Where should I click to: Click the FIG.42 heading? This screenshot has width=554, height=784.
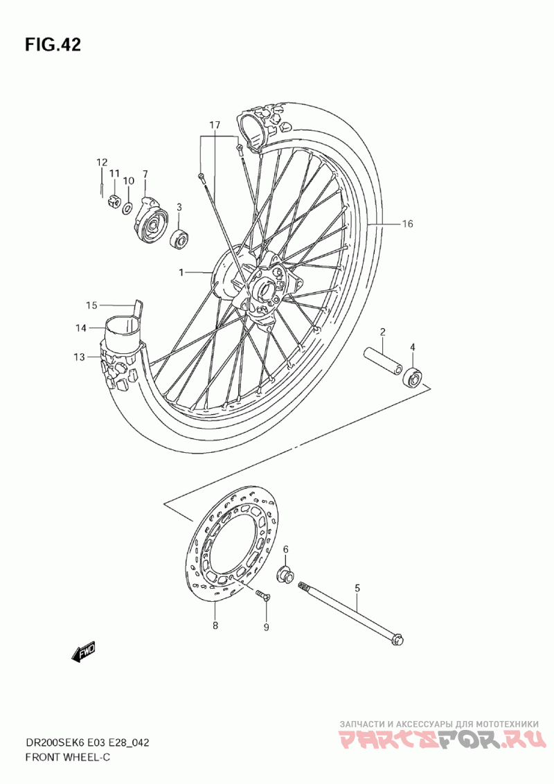[x=53, y=45]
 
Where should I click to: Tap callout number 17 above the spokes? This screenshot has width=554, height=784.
[x=215, y=125]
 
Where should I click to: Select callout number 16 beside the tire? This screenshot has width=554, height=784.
[x=407, y=224]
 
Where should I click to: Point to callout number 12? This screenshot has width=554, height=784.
[x=102, y=163]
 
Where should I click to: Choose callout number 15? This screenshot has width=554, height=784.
[x=91, y=305]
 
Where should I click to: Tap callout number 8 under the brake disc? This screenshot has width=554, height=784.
[x=215, y=625]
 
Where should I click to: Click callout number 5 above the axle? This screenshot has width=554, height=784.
[x=357, y=589]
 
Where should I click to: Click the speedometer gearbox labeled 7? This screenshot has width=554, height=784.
[x=150, y=221]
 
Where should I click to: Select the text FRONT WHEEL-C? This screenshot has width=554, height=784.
[x=68, y=758]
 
